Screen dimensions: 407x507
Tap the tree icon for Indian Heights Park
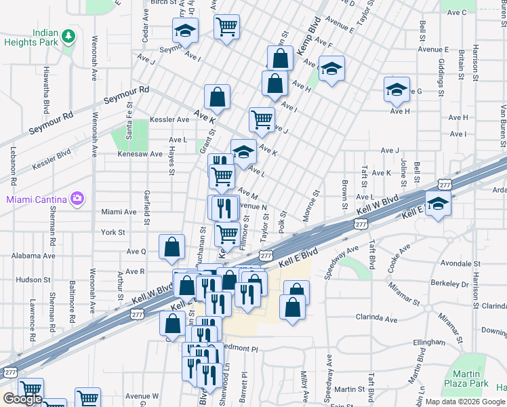[x=68, y=35]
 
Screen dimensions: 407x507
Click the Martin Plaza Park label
[x=470, y=379]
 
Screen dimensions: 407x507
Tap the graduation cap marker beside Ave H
[x=397, y=90]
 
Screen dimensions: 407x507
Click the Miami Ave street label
[x=119, y=212]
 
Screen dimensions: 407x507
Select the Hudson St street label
[x=29, y=279]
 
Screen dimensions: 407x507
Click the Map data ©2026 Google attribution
[x=464, y=402]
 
